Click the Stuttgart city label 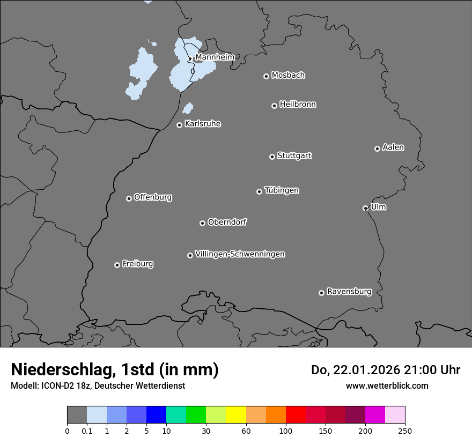pyautogui.click(x=294, y=155)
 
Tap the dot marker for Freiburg pyautogui.click(x=117, y=265)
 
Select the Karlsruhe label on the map pyautogui.click(x=203, y=124)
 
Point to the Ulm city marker pyautogui.click(x=365, y=208)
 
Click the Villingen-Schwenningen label pyautogui.click(x=240, y=254)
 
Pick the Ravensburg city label pyautogui.click(x=349, y=292)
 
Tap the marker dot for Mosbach pyautogui.click(x=266, y=76)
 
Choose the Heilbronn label pyautogui.click(x=298, y=105)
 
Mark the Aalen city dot pyautogui.click(x=377, y=149)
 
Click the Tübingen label pyautogui.click(x=282, y=190)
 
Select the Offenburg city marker pyautogui.click(x=129, y=198)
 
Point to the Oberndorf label pyautogui.click(x=227, y=222)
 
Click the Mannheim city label pyautogui.click(x=215, y=57)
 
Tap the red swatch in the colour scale pyautogui.click(x=296, y=415)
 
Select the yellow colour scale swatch pyautogui.click(x=235, y=415)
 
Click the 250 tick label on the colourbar pyautogui.click(x=405, y=431)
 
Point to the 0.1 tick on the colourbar pyautogui.click(x=87, y=431)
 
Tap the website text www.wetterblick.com pyautogui.click(x=387, y=385)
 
